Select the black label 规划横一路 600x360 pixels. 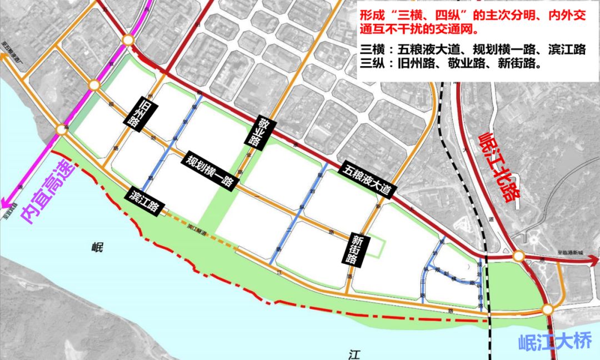tap(210, 171)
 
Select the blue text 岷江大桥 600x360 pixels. tap(556, 341)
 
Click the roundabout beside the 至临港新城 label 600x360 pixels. tap(519, 256)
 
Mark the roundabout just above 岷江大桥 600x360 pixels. tap(548, 309)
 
